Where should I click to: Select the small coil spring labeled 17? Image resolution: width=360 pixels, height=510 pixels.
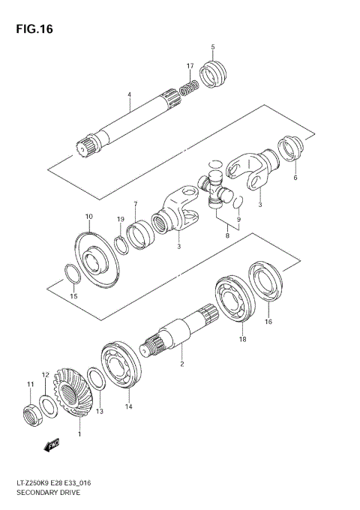(190, 88)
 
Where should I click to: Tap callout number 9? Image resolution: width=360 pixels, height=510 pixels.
(238, 219)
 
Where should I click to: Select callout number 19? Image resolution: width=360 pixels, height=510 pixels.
(121, 219)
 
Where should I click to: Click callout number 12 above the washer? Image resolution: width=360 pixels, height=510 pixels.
(45, 375)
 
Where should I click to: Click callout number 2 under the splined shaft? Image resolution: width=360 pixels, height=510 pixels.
(181, 364)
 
